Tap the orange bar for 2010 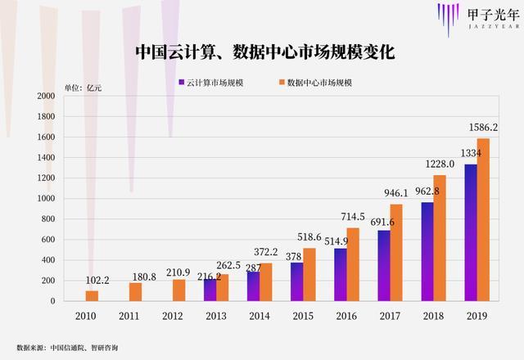coord(92,295)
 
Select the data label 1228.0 coord(440,164)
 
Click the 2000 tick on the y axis coord(46,96)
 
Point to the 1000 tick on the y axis coord(46,199)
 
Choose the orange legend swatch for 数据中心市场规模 coord(280,83)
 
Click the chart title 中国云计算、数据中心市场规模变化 coord(265,52)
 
